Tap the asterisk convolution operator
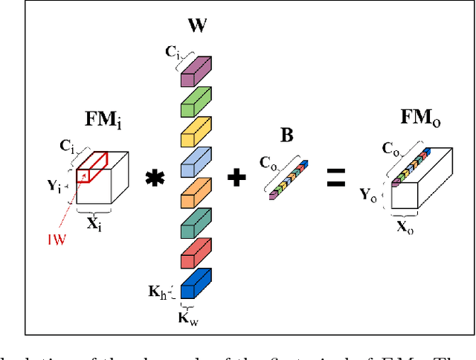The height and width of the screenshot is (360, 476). point(155,179)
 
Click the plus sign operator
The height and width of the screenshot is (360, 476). point(237,178)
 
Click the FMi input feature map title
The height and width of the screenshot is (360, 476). point(103,120)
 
